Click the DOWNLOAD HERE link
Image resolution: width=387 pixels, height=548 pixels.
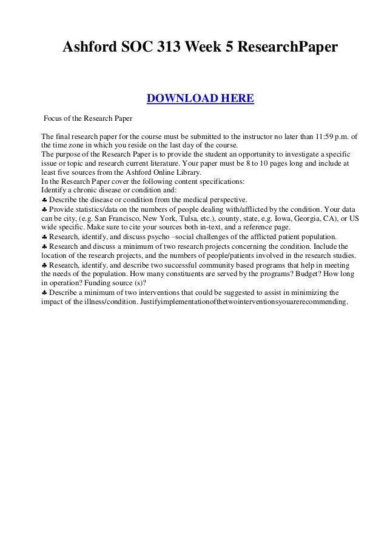click(200, 98)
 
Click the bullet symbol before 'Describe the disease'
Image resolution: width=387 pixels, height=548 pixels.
click(44, 200)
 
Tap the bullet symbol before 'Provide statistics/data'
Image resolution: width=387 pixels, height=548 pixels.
click(44, 209)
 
